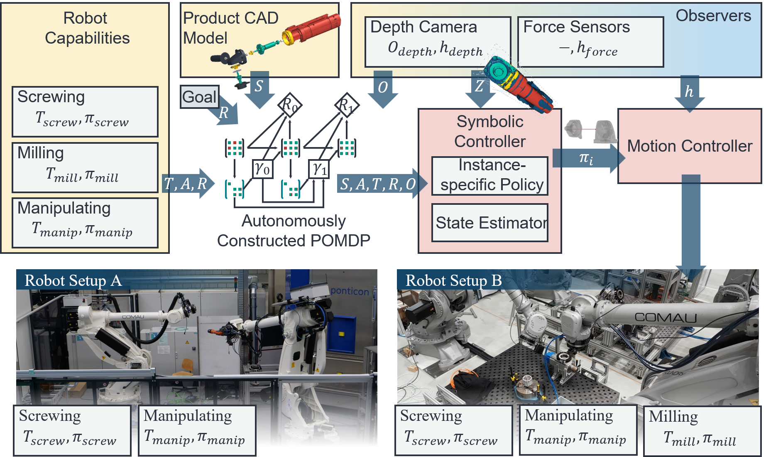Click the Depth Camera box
coord(437,42)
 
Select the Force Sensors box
coord(590,42)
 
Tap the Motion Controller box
coord(689,146)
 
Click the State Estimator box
coord(490,223)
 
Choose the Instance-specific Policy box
coord(490,176)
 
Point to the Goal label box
coord(199,97)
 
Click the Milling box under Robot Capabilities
coord(85,167)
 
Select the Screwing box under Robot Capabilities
coord(85,111)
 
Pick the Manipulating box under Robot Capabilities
coord(85,223)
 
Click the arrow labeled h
coord(690,93)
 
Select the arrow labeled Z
coord(480,88)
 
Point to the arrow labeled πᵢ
coord(587,158)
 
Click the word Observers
coord(713,16)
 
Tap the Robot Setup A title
coord(73,280)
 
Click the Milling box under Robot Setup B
coord(701,430)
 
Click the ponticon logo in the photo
coord(350,291)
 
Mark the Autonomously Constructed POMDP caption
coord(294,231)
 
